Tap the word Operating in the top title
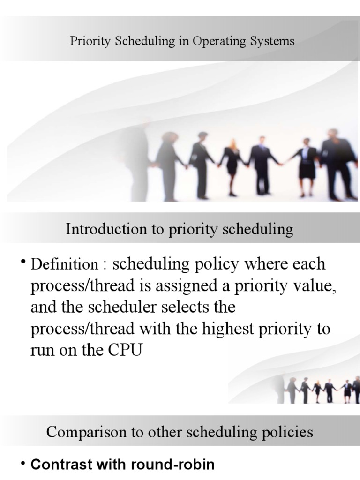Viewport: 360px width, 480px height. pyautogui.click(x=214, y=41)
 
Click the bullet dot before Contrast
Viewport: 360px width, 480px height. pyautogui.click(x=23, y=463)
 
